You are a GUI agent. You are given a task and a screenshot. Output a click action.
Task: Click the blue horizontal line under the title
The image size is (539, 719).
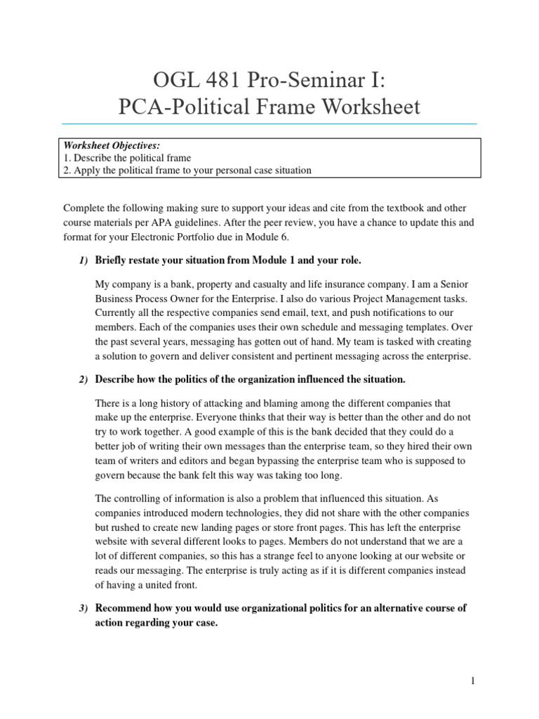[x=269, y=124]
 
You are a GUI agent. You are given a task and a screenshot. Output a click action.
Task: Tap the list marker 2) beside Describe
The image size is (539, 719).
[x=82, y=379]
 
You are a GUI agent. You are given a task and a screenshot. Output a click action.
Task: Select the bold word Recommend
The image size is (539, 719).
[x=126, y=608]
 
